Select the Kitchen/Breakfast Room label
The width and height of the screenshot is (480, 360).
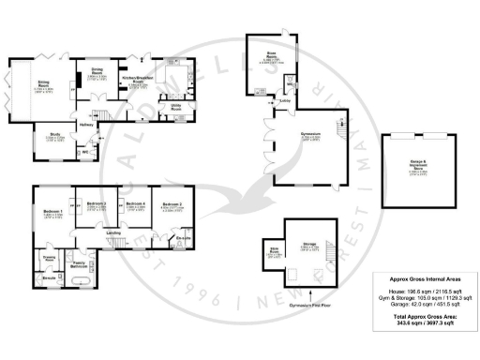[141, 82]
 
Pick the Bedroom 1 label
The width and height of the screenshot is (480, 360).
[52, 214]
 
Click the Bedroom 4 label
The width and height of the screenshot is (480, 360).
[136, 206]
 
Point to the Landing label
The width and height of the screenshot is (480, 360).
[112, 232]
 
